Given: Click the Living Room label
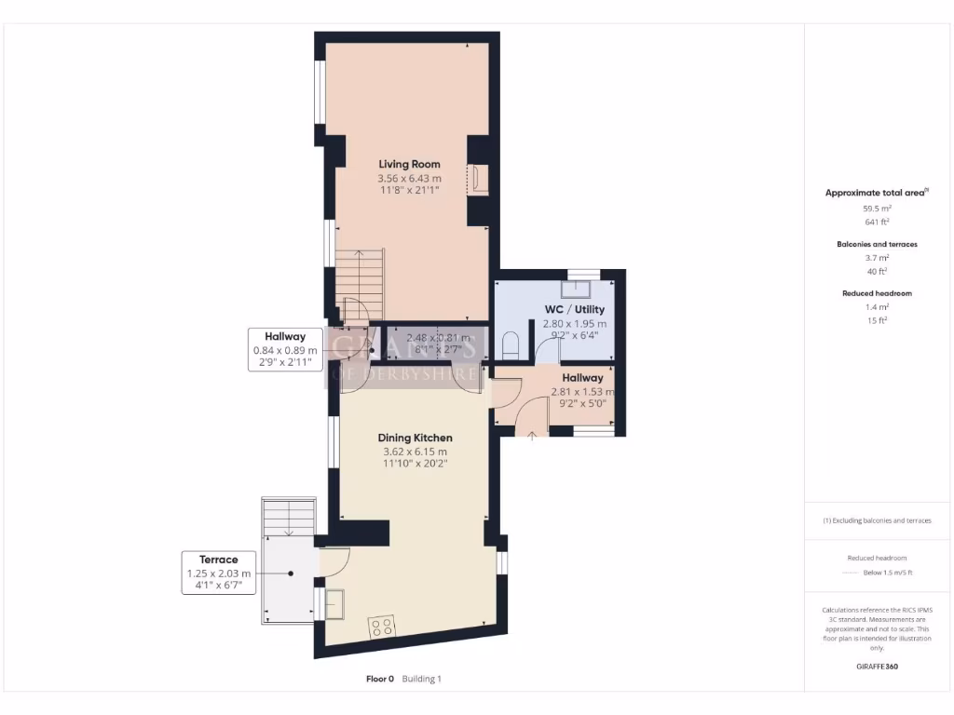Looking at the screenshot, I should (x=409, y=164).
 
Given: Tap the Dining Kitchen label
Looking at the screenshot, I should (x=415, y=438).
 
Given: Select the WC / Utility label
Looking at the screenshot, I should (x=575, y=309).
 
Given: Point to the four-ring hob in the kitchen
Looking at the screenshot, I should (x=382, y=627).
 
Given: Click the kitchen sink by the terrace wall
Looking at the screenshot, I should (x=333, y=604).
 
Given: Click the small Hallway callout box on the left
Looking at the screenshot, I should (x=285, y=350).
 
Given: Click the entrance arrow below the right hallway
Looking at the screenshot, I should (x=532, y=434).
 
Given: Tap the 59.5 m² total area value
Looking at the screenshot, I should (x=876, y=209).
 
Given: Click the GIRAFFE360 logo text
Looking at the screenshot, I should (x=875, y=667).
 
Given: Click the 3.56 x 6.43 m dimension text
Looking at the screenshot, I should (x=409, y=178).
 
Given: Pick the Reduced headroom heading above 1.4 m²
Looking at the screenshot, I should (x=876, y=293).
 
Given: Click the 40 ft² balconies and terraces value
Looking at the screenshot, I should (x=876, y=271).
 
